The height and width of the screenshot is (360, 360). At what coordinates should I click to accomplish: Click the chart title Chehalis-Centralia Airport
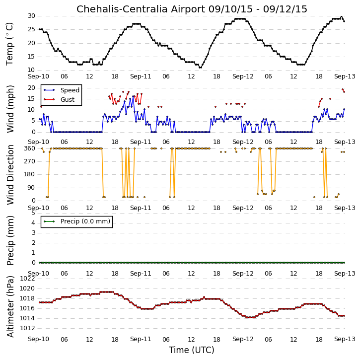[141, 9]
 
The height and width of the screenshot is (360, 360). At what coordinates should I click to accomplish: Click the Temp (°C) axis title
[9, 44]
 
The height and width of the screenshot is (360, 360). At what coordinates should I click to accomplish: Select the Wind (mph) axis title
[10, 109]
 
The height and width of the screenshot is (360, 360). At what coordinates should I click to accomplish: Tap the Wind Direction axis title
[10, 174]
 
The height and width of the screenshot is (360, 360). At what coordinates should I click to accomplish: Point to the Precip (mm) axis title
[10, 240]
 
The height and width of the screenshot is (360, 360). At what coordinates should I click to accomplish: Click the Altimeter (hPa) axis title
[10, 306]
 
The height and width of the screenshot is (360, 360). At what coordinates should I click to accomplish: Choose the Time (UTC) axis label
[192, 350]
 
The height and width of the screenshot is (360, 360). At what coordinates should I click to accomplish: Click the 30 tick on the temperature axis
[31, 16]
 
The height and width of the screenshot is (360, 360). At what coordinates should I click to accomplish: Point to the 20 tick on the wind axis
[31, 88]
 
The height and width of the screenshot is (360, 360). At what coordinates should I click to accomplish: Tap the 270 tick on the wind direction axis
[30, 161]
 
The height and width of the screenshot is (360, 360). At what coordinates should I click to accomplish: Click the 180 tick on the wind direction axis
[30, 174]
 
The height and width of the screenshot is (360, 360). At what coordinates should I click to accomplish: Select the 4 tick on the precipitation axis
[34, 223]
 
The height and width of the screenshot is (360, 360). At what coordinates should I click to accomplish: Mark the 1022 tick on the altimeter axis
[27, 279]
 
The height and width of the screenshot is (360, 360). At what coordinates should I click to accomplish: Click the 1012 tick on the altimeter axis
[27, 328]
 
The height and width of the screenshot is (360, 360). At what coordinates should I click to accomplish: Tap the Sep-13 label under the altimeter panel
[345, 339]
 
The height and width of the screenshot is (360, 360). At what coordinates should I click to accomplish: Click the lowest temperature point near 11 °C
[200, 68]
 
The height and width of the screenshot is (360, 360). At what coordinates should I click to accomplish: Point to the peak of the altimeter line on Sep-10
[107, 292]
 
